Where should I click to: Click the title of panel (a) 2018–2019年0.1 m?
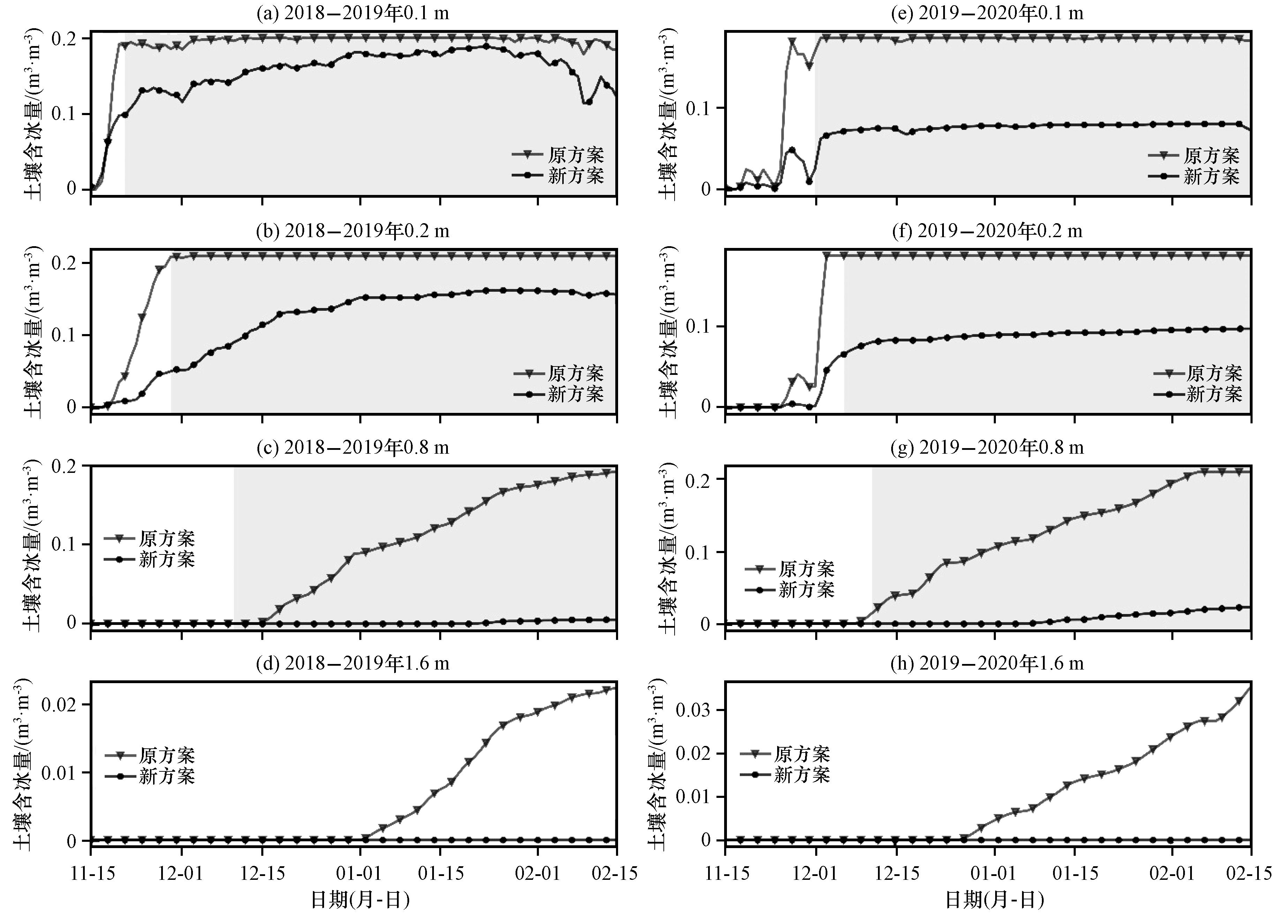[353, 13]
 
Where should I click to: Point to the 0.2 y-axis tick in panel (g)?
[698, 479]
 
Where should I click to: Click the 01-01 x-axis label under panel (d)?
[360, 874]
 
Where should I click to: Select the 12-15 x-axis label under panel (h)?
[898, 874]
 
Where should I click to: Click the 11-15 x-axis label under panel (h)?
[726, 874]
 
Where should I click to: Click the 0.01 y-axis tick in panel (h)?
[693, 797]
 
